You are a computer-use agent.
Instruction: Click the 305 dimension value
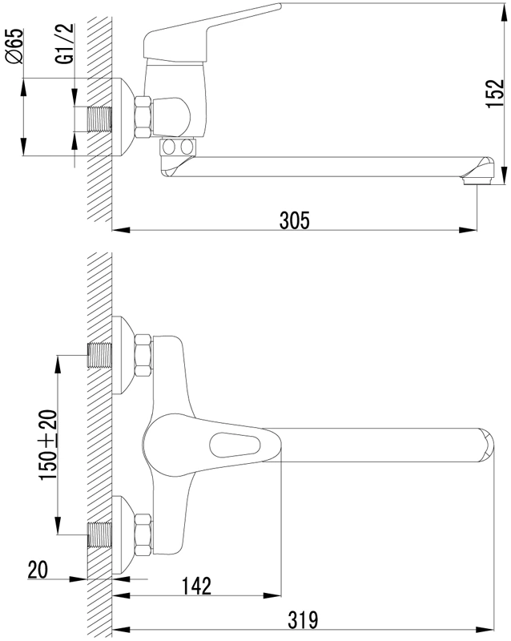[294, 220]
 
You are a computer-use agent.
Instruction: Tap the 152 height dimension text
[496, 93]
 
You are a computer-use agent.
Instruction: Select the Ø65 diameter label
[15, 46]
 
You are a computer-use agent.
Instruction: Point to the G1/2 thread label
[65, 43]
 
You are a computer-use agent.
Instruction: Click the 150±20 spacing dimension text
[49, 445]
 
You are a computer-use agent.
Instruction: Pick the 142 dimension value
[196, 586]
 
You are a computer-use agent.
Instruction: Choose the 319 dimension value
[303, 619]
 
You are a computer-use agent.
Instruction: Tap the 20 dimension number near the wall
[38, 570]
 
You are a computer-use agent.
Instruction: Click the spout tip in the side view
[477, 171]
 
